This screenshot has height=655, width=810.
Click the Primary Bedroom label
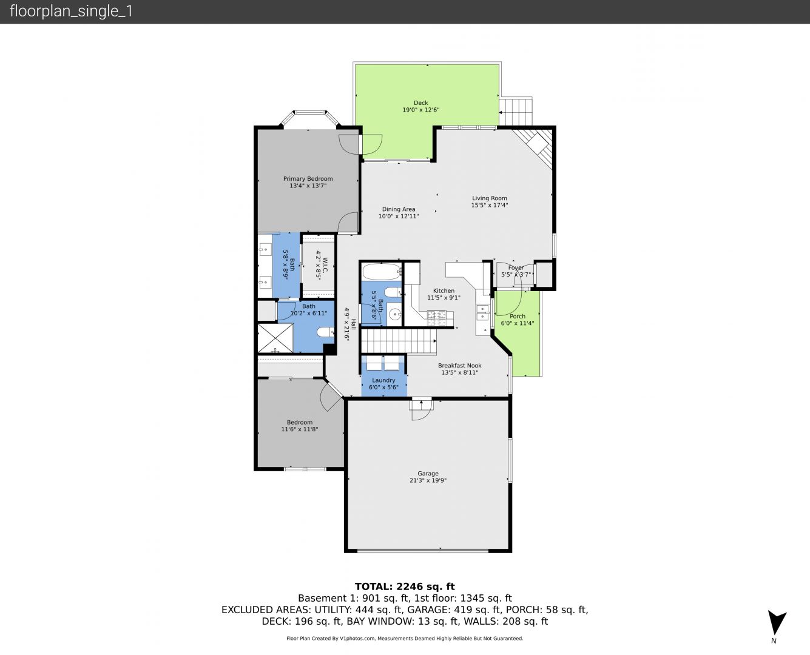tap(308, 179)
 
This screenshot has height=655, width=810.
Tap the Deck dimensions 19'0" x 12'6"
tap(420, 110)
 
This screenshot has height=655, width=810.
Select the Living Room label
tap(490, 198)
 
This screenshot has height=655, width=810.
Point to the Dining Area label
tap(399, 209)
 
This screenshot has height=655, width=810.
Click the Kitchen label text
tap(444, 291)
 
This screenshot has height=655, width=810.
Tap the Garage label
tap(428, 473)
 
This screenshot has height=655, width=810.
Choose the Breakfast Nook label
tap(459, 366)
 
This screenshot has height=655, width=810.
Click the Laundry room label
tap(383, 380)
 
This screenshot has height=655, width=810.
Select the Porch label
tap(517, 317)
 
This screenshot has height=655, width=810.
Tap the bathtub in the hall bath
tap(382, 272)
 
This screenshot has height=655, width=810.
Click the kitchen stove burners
tap(437, 318)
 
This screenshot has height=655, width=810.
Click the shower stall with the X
tap(275, 338)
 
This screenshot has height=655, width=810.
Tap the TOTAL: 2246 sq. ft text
tap(405, 586)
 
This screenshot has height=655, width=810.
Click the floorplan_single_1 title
tap(71, 12)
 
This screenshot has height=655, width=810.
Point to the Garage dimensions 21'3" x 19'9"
tap(428, 480)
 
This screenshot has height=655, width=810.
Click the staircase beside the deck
tap(515, 112)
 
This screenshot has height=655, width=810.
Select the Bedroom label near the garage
tap(300, 422)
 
